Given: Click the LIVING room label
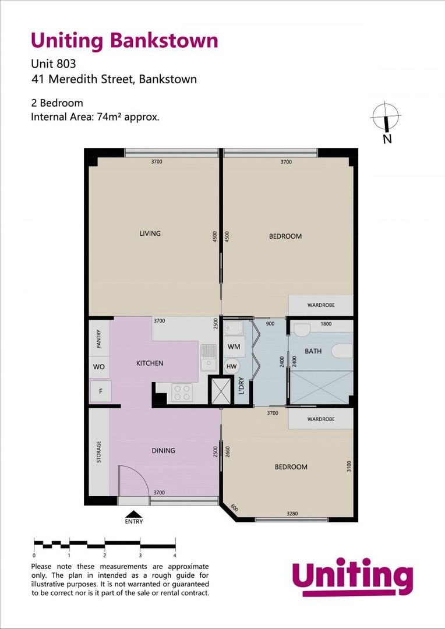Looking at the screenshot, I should (x=150, y=234).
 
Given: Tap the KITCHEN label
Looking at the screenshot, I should (x=150, y=363).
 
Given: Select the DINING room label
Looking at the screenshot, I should (x=163, y=451).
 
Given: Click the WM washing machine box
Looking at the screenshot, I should (x=234, y=347).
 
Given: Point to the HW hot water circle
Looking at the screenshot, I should (x=231, y=366).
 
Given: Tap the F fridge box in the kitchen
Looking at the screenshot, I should (x=100, y=391).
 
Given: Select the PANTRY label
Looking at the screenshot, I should (x=98, y=339).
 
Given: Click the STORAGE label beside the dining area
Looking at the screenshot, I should (x=98, y=452).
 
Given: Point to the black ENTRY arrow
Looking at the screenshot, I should (x=134, y=514).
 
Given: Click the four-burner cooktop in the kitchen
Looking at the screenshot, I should (x=181, y=393).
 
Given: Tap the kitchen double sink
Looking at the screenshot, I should (x=208, y=358).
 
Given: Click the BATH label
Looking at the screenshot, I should (x=313, y=351).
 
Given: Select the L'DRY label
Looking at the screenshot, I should (x=242, y=386).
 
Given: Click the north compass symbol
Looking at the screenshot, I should (x=385, y=117).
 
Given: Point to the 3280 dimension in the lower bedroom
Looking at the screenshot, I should (x=293, y=514).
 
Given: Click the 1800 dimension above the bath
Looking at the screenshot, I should (x=326, y=324).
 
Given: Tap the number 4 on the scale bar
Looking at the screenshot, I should (x=175, y=556).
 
